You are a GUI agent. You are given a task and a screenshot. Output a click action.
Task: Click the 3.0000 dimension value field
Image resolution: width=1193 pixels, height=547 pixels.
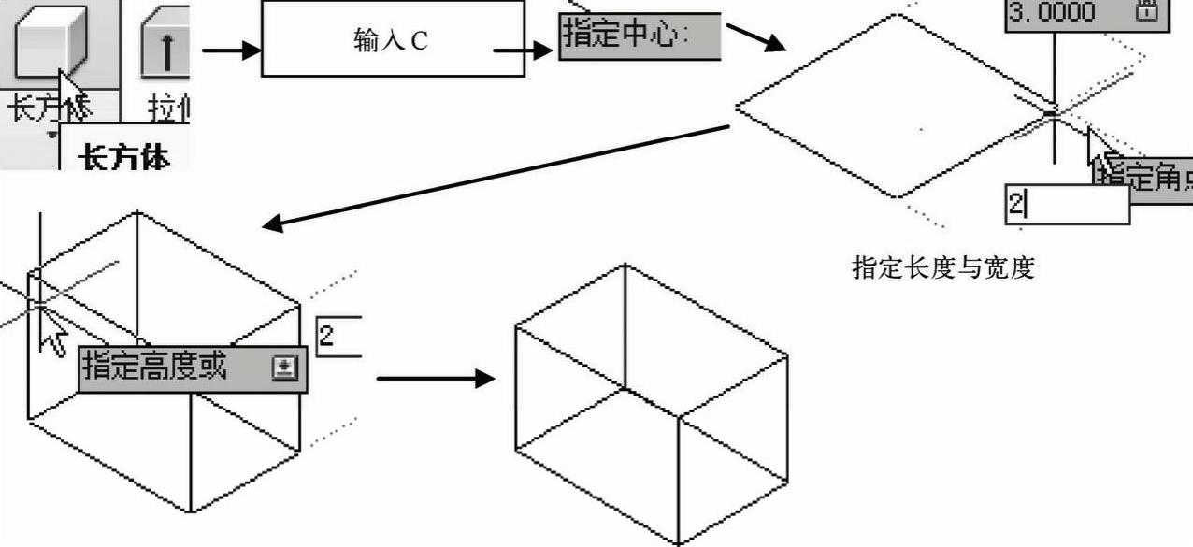point(1053,12)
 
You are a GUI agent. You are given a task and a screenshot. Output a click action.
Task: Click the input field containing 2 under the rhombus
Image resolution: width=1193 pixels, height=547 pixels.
point(1067,205)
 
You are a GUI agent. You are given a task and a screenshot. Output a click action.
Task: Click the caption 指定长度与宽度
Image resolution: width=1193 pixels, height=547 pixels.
point(943,268)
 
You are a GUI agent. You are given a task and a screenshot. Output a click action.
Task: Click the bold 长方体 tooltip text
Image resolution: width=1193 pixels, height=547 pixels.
point(125,157)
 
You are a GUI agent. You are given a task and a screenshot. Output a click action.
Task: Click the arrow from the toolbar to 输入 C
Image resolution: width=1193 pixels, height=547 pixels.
point(230,50)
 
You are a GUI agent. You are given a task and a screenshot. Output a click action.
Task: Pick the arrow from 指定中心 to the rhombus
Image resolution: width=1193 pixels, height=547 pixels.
point(757,38)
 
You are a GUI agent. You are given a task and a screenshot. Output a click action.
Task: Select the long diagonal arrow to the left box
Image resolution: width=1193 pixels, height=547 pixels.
point(496,177)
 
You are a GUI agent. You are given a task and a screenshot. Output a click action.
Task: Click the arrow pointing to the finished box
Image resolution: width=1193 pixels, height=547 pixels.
point(435,378)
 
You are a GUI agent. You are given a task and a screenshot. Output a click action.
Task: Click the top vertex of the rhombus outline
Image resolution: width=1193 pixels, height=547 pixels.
point(898,15)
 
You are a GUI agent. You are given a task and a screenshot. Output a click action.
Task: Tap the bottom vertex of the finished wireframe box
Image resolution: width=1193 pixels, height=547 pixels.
point(678,542)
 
